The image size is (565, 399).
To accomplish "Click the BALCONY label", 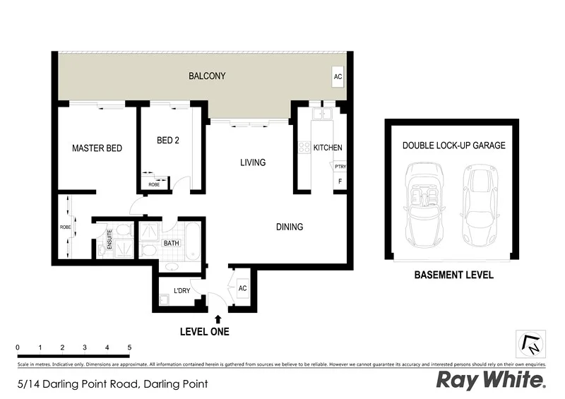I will pyautogui.click(x=207, y=76).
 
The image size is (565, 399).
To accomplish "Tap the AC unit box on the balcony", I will pyautogui.click(x=338, y=76).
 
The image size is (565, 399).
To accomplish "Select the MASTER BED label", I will pyautogui.click(x=97, y=148).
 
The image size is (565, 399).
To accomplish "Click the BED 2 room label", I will pyautogui.click(x=167, y=141).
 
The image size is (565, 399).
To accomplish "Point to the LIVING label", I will pyautogui.click(x=252, y=162).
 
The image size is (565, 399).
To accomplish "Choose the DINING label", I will pyautogui.click(x=290, y=227).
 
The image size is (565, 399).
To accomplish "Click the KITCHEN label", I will pyautogui.click(x=328, y=148).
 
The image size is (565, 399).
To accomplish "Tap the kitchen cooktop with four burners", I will pyautogui.click(x=305, y=148).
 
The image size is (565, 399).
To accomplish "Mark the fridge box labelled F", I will pyautogui.click(x=340, y=181).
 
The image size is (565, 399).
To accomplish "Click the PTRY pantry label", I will pyautogui.click(x=340, y=167).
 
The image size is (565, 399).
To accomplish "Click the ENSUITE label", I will pyautogui.click(x=110, y=239).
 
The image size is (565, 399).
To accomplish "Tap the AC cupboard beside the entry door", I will pyautogui.click(x=242, y=288).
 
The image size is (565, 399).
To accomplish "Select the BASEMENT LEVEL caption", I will pyautogui.click(x=453, y=275).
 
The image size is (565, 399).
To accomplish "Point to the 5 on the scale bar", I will pyautogui.click(x=129, y=347).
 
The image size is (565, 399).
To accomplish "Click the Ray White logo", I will pyautogui.click(x=491, y=380).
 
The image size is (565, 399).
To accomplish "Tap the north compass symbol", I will pyautogui.click(x=530, y=343).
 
